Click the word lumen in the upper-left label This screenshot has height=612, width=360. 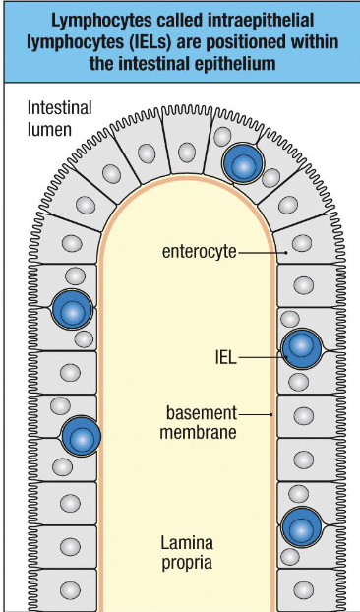[x=49, y=128]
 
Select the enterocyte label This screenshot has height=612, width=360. [x=200, y=252]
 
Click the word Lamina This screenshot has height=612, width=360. [x=186, y=542]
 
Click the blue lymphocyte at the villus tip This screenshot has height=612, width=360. [x=242, y=164]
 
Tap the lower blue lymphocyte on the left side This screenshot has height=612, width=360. [x=82, y=437]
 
